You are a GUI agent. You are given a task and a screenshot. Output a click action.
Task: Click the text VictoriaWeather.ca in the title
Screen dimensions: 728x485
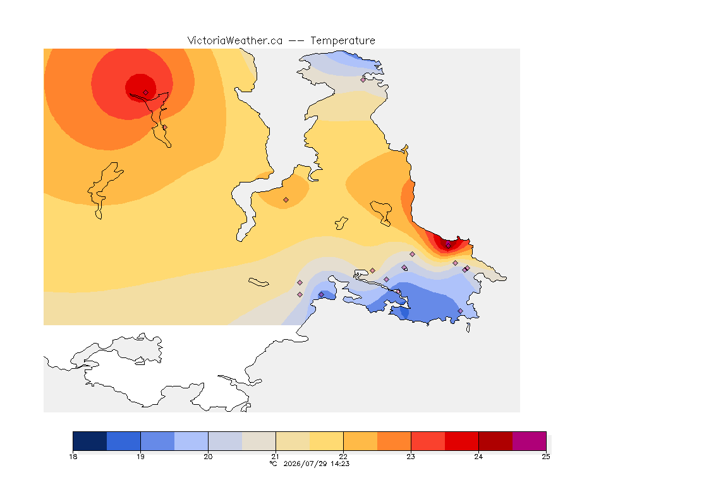tap(235, 41)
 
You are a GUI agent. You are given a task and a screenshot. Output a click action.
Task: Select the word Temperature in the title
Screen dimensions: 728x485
tap(343, 41)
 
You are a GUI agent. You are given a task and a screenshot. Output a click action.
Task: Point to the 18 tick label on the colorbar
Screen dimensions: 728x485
tap(73, 457)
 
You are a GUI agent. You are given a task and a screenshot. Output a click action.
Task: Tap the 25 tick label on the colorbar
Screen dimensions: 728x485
tap(546, 457)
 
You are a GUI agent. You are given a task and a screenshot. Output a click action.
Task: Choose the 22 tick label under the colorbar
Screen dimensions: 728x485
tap(343, 457)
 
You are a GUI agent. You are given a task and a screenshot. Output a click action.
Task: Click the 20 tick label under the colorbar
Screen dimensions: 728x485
tap(208, 457)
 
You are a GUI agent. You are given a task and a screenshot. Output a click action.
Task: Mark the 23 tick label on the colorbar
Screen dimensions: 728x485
tap(411, 457)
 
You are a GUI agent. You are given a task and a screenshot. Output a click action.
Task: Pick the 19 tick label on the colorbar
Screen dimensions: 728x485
tap(141, 457)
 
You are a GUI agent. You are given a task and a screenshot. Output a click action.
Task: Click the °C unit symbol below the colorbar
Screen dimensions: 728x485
tap(273, 464)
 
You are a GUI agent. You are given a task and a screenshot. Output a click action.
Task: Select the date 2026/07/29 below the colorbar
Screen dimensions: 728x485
tap(305, 464)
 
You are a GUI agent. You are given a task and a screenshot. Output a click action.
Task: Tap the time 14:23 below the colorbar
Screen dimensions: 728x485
tap(340, 464)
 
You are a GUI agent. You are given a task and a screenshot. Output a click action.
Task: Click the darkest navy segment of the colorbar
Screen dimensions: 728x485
tap(90, 441)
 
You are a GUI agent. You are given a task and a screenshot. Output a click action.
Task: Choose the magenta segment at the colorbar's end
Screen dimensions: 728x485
tap(530, 441)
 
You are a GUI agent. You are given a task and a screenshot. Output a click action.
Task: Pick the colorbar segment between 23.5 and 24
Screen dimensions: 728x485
tap(461, 441)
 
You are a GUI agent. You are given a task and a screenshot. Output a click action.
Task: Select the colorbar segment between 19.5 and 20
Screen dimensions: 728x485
tap(191, 441)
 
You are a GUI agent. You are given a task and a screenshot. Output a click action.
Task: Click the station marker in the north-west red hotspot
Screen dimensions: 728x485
tap(146, 93)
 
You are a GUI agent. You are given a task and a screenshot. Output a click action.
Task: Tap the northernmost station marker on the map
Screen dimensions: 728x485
tap(363, 80)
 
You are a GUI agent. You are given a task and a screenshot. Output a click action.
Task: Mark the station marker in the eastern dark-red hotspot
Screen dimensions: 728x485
tap(448, 245)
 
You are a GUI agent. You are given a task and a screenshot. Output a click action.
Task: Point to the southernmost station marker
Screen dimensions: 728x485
tap(460, 311)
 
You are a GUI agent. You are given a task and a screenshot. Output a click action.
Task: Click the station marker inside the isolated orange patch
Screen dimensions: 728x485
tap(286, 200)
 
